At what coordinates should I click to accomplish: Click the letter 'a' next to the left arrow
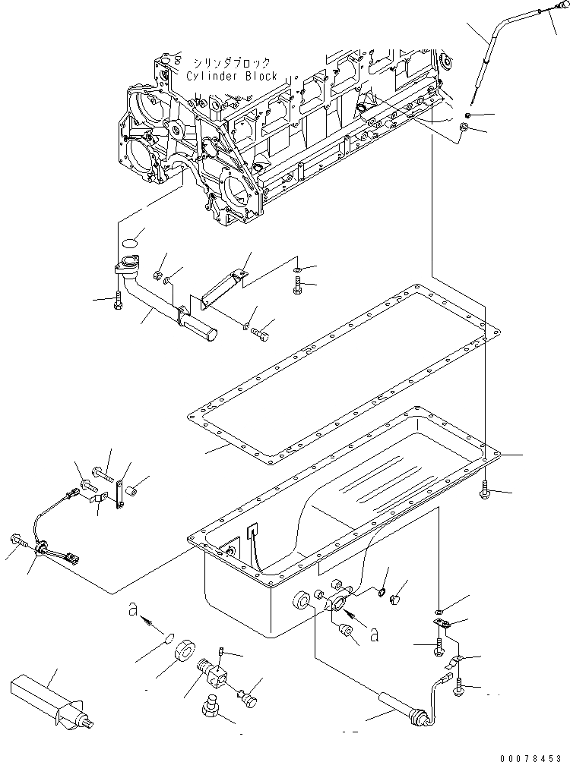133,609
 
